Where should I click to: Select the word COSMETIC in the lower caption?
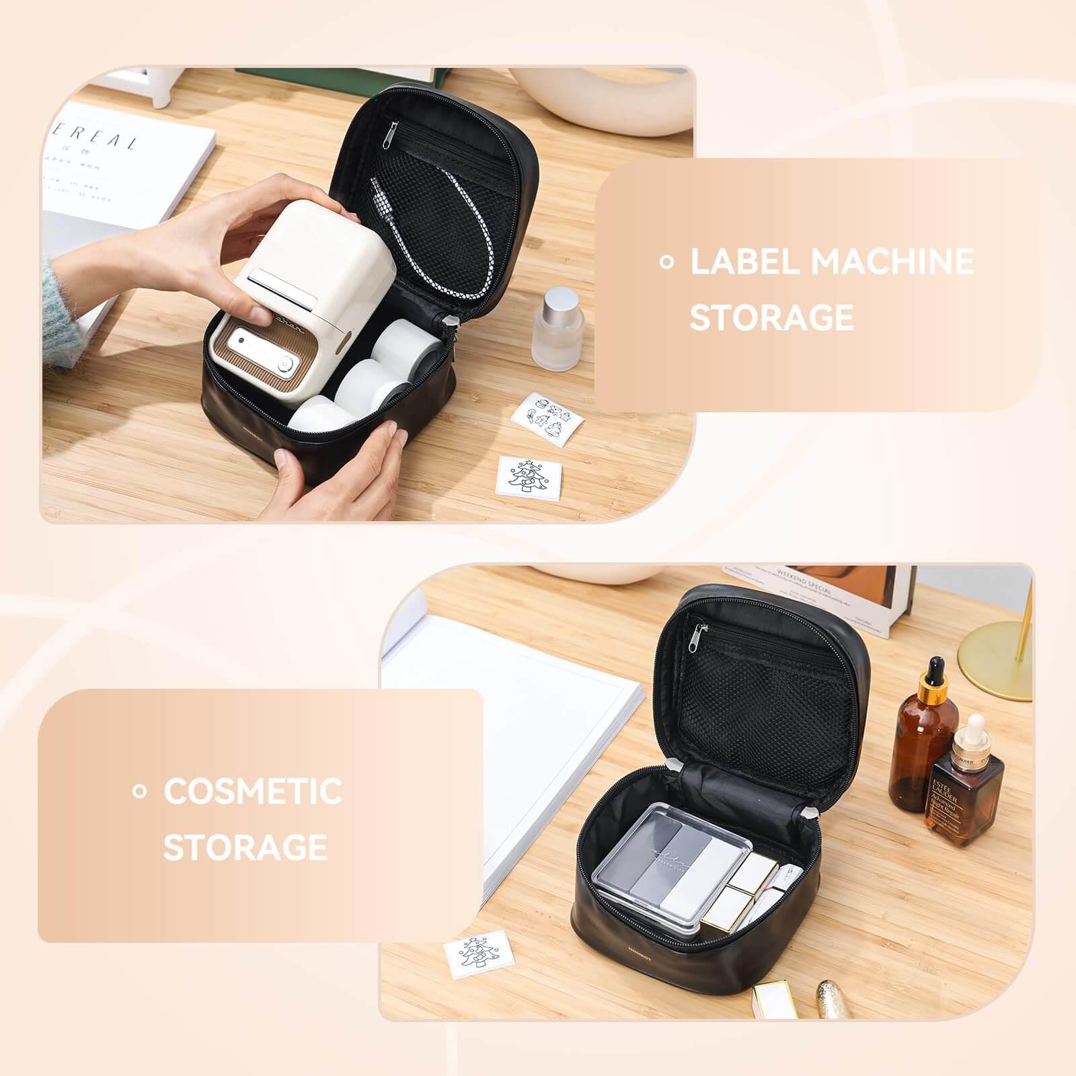pos(252,791)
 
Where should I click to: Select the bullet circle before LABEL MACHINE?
pos(666,262)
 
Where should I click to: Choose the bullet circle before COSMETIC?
pos(139,792)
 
